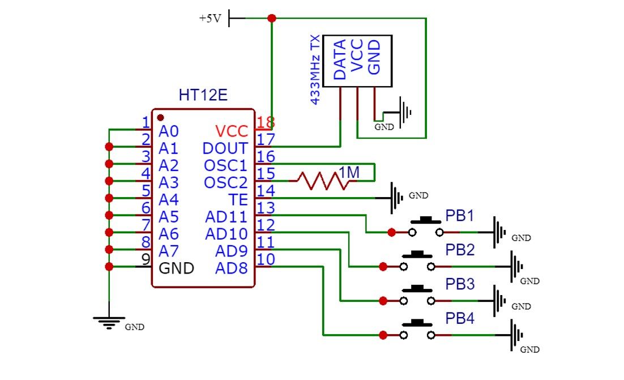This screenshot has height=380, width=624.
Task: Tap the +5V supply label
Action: point(210,18)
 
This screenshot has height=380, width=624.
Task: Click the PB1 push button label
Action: point(459,216)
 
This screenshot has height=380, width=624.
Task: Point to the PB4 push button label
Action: point(459,318)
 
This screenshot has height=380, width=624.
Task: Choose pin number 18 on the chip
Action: point(265,122)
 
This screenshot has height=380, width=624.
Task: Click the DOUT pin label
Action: point(225,148)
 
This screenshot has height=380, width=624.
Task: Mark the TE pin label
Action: point(238,199)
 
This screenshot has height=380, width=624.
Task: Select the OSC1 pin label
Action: point(226,165)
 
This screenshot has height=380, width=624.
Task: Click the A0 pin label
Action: point(169,131)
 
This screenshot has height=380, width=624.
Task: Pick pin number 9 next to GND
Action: point(146,259)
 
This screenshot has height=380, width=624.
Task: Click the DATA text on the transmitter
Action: point(340,59)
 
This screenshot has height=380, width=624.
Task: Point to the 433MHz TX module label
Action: point(315,69)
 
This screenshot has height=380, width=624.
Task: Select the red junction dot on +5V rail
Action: point(272,18)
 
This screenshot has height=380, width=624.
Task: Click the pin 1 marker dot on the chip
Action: point(160,117)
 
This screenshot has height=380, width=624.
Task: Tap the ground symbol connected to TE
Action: point(397,198)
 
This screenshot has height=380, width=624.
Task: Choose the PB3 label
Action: point(459,284)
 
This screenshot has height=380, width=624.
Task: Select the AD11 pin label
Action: point(226,217)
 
